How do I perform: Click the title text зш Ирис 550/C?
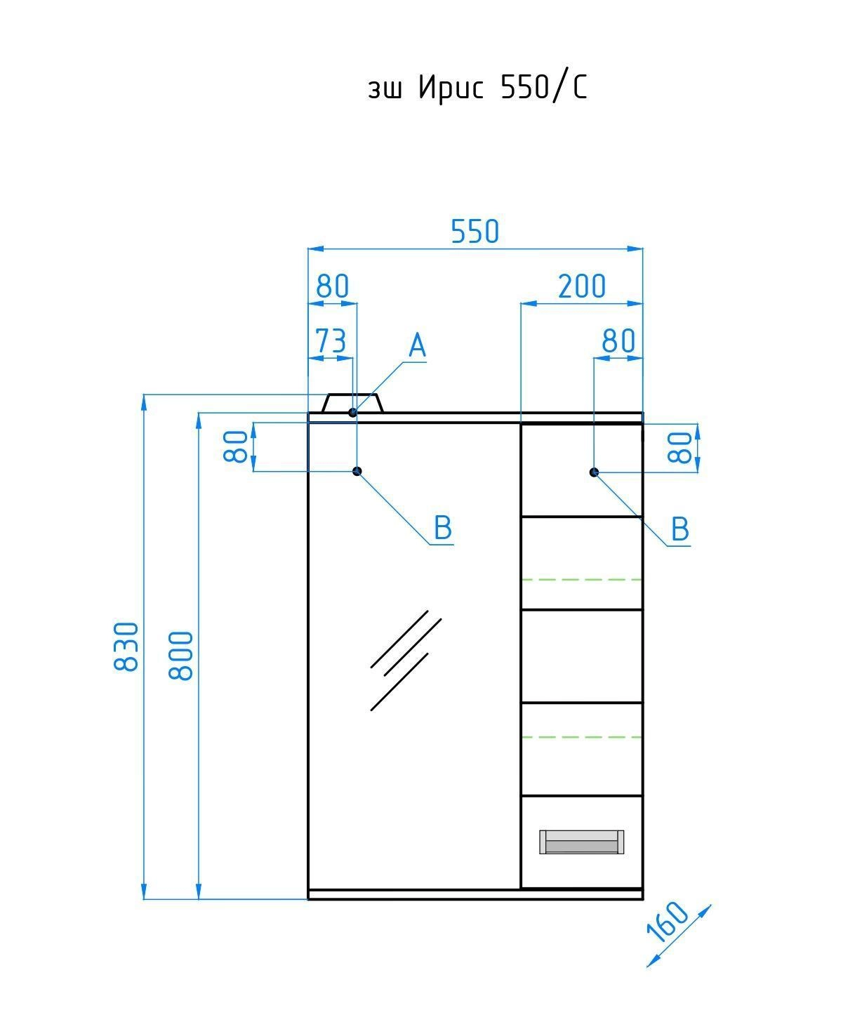click(x=477, y=88)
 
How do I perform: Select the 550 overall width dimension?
click(x=475, y=232)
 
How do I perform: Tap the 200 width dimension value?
click(x=581, y=286)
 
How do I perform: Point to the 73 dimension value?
click(x=331, y=340)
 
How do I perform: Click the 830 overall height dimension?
click(x=126, y=646)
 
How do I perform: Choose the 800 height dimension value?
click(x=180, y=656)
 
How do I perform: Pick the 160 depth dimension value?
click(x=668, y=922)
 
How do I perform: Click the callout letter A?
click(x=417, y=345)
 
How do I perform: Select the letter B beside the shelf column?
click(x=679, y=529)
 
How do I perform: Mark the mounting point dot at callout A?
click(x=352, y=412)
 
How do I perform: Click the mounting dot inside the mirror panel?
click(x=357, y=471)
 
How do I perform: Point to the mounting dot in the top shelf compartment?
click(x=594, y=472)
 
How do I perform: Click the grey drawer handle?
click(x=581, y=842)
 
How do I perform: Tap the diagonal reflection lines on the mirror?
click(x=406, y=660)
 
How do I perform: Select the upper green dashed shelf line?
click(x=581, y=579)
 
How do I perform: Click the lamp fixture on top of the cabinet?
click(x=352, y=403)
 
